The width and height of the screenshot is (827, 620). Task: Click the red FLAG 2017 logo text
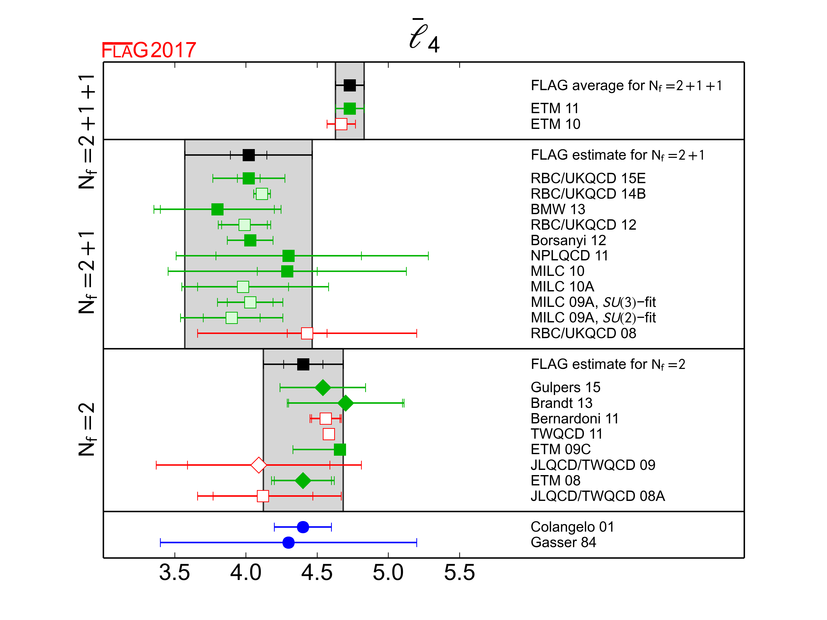click(149, 50)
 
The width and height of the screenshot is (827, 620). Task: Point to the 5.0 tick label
click(388, 572)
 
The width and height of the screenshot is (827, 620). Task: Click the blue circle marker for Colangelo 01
click(303, 527)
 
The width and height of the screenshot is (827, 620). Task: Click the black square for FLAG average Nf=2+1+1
click(350, 85)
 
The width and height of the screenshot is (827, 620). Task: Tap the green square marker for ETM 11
click(350, 109)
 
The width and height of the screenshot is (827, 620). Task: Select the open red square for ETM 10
click(341, 124)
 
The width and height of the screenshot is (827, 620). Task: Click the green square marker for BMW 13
click(217, 209)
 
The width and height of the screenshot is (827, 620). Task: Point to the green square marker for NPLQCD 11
click(288, 256)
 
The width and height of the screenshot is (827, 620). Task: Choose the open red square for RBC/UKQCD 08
click(307, 333)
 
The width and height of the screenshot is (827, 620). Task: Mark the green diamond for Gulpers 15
click(323, 388)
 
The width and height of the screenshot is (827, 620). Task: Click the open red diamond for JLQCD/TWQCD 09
click(259, 465)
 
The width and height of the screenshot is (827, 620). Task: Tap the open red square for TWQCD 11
click(329, 434)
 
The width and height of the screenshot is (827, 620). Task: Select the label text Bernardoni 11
click(574, 419)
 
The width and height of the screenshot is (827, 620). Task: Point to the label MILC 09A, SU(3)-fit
click(593, 302)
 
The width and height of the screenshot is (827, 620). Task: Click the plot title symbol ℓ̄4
click(424, 37)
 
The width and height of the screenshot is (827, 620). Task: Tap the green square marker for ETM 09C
click(340, 450)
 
